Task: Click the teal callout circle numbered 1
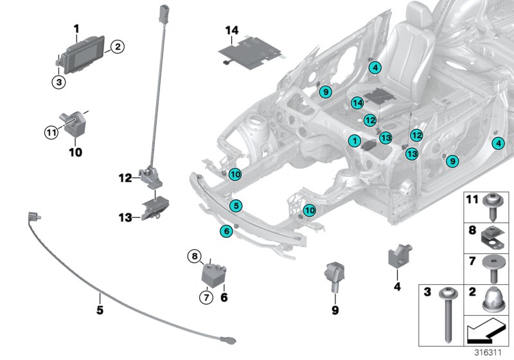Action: point(353,140)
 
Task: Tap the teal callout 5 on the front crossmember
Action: point(236,206)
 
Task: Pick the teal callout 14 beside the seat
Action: point(357,103)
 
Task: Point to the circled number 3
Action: point(58,82)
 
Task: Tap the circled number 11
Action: point(51,132)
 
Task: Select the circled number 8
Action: point(194,258)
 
